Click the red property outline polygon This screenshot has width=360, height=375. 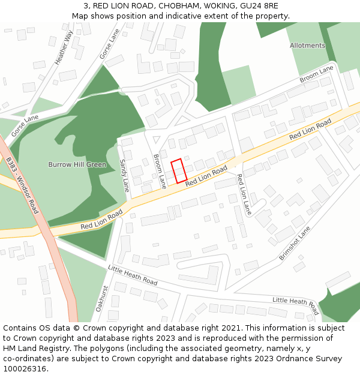click(179, 171)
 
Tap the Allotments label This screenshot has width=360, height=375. click(307, 46)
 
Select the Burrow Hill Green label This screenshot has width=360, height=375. click(77, 164)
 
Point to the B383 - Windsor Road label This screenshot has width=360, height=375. click(22, 185)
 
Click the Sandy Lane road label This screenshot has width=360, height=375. click(124, 175)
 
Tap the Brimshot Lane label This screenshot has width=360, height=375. click(295, 243)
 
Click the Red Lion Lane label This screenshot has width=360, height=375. click(244, 194)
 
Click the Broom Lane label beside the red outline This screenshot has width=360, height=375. click(159, 171)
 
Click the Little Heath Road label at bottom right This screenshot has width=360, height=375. click(295, 305)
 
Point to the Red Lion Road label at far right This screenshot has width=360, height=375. click(310, 130)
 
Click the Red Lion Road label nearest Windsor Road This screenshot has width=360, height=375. click(101, 220)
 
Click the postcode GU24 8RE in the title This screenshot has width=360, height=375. click(260, 6)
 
